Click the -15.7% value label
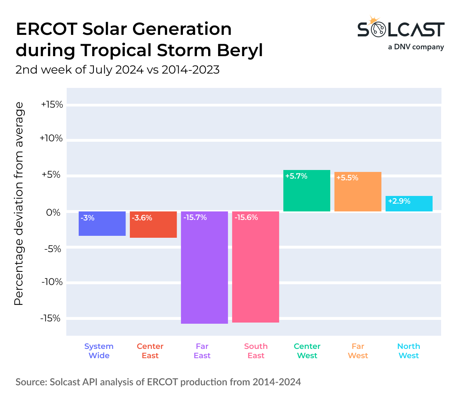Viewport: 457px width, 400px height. click(x=195, y=218)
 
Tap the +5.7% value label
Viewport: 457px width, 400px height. click(x=297, y=176)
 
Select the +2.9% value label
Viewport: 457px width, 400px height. click(x=399, y=201)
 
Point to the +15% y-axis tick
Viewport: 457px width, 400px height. click(x=52, y=105)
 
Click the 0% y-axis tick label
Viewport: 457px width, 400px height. click(x=54, y=213)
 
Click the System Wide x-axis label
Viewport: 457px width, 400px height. click(x=99, y=351)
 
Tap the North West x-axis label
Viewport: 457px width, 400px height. click(x=409, y=351)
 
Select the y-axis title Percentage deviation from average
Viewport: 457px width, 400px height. click(x=19, y=204)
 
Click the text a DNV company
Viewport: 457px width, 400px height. click(x=416, y=47)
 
